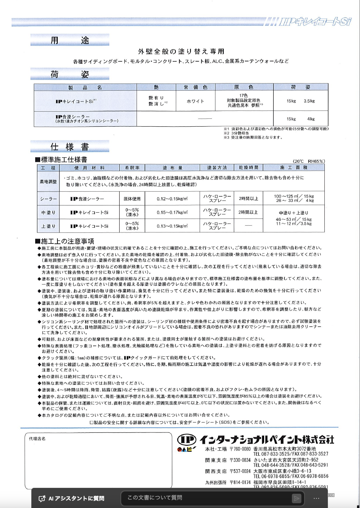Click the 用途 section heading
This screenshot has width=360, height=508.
70,41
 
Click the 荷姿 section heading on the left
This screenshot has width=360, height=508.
70,74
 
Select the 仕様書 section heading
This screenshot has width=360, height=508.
70,147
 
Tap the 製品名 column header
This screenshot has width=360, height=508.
85,87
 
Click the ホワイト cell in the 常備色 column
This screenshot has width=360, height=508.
195,101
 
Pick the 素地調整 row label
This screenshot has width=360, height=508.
49,181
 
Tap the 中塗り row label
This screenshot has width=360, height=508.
49,213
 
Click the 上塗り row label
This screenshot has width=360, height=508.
49,226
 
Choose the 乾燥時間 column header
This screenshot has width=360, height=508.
248,168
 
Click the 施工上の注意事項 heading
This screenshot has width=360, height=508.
67,241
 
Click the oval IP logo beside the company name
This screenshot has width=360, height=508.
186,440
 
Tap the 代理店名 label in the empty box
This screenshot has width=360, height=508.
38,439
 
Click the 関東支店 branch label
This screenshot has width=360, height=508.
216,460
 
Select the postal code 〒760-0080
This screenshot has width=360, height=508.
240,449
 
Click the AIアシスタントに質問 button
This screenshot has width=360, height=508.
71,498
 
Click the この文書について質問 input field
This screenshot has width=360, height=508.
206,498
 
